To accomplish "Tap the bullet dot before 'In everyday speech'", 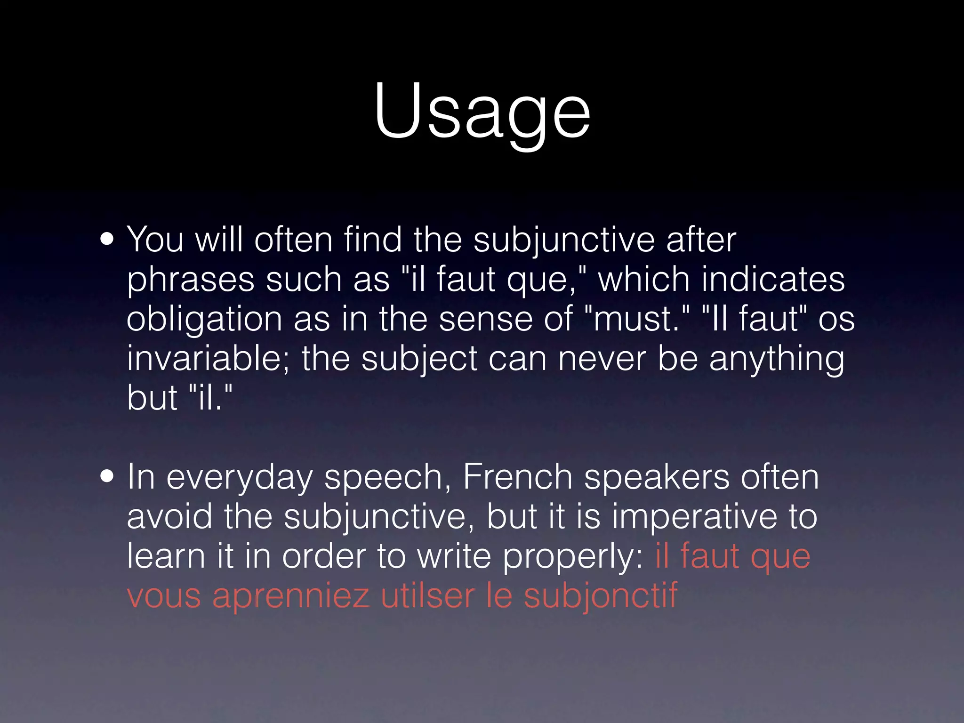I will click(x=107, y=476).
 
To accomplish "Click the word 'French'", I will click(x=517, y=477).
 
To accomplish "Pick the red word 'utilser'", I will click(x=427, y=596).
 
